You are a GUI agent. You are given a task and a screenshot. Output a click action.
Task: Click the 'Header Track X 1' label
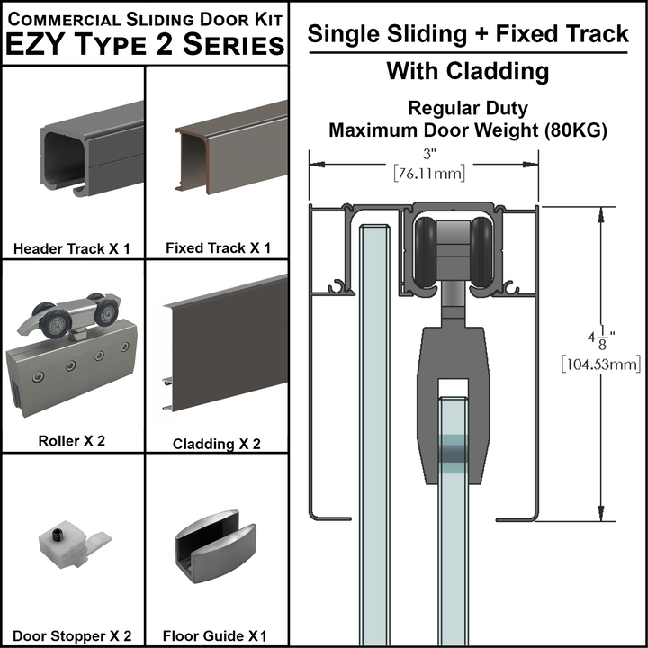(x=72, y=247)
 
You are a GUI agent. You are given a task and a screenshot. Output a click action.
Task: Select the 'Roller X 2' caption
(x=72, y=441)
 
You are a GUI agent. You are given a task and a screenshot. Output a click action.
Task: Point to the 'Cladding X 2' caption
(x=217, y=444)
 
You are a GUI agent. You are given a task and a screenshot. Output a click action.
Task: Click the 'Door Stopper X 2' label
(x=72, y=635)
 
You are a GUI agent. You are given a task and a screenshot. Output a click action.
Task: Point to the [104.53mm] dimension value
(x=600, y=364)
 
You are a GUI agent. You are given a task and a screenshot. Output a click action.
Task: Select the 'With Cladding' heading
(x=468, y=70)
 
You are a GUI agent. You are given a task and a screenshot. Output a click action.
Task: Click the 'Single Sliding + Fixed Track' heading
(x=468, y=34)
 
